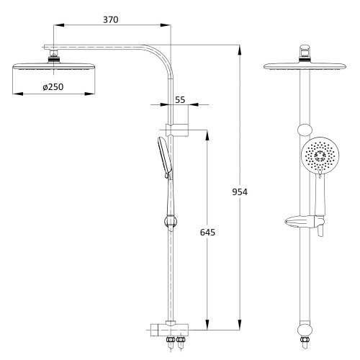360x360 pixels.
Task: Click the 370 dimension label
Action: [111, 19]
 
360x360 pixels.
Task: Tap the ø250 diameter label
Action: [53, 87]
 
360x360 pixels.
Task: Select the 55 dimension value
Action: [180, 100]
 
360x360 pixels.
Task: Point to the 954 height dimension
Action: [240, 192]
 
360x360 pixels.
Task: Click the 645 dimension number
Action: [207, 233]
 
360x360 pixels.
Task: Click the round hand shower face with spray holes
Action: [320, 156]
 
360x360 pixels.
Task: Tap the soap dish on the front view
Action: [305, 222]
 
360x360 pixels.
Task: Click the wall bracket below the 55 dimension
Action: [177, 130]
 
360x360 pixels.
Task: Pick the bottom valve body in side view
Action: [169, 330]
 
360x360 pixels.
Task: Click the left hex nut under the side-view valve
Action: [170, 340]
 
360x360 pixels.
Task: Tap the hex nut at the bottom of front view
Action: [305, 340]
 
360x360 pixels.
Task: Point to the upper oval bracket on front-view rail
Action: [305, 130]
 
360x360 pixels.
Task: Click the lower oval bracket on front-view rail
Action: [305, 330]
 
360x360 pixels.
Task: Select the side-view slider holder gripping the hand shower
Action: [171, 222]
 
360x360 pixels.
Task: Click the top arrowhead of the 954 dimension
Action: [239, 50]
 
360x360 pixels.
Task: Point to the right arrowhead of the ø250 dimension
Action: [90, 94]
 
